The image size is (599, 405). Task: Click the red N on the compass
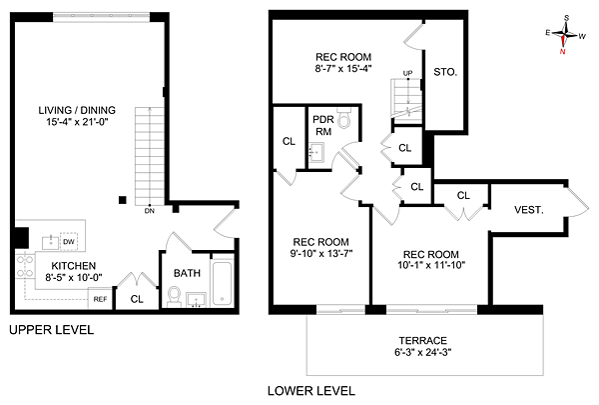pos(562,51)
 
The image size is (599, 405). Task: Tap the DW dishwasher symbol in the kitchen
pos(69,242)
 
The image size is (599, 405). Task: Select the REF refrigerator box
pos(100,299)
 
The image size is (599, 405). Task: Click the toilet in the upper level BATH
pos(175,297)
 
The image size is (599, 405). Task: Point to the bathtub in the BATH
pos(222,283)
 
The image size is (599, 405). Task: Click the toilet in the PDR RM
pos(344,118)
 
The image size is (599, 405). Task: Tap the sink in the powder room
pos(315,153)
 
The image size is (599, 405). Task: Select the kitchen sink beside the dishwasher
pos(51,243)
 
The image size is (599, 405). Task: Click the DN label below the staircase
pos(150,211)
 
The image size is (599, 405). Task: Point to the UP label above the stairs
pos(407,73)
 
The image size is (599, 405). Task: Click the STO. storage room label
pos(445,72)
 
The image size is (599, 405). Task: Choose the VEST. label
pos(529,210)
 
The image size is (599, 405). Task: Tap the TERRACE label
pos(423,340)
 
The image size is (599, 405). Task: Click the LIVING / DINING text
pos(77,110)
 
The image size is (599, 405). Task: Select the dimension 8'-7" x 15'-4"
pos(343,69)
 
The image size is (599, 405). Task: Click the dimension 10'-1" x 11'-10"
pos(431,265)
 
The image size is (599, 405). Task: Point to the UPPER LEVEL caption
pos(51,330)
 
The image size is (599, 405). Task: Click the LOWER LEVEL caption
pos(311,391)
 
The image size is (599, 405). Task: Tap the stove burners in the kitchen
pos(24,266)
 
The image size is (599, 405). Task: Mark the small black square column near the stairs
pos(122,200)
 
